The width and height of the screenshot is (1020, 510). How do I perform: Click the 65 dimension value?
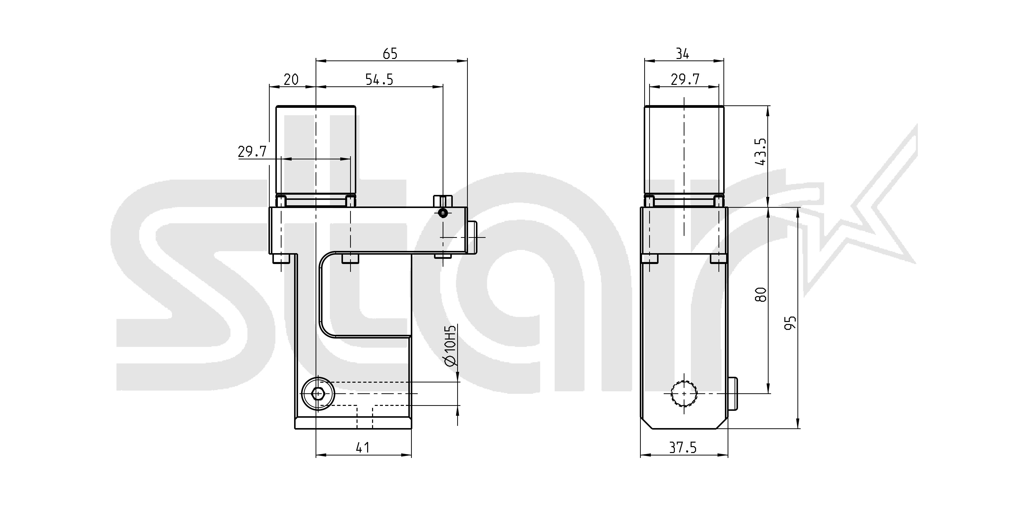[390, 54]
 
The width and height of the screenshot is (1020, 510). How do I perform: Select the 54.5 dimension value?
[379, 80]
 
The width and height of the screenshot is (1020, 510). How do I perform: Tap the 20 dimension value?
[291, 80]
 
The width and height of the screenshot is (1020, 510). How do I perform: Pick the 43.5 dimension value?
[761, 152]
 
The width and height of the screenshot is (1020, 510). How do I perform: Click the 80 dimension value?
[761, 295]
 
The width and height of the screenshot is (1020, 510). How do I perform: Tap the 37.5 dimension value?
[683, 447]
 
